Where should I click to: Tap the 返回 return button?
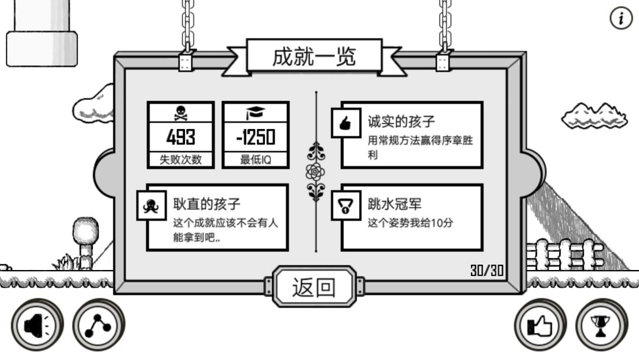tap(314, 287)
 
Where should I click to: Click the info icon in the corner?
tap(621, 18)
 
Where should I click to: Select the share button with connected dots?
tap(98, 325)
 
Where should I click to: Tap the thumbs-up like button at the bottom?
tap(540, 325)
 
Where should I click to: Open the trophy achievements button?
tap(602, 325)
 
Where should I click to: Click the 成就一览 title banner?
tap(314, 57)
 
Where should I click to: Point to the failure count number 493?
tap(180, 137)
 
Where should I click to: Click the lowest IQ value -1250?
tap(256, 137)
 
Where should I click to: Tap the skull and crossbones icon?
tap(180, 113)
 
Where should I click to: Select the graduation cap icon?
tap(256, 113)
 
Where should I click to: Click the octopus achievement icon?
tap(151, 205)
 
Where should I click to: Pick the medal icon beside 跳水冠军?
tap(346, 205)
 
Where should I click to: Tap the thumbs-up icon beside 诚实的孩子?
tap(346, 123)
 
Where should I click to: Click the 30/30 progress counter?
tap(487, 271)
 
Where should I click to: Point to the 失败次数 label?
tap(180, 159)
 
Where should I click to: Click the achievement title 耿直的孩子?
tap(206, 204)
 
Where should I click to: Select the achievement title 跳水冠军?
tap(395, 204)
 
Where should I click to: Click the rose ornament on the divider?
tap(315, 172)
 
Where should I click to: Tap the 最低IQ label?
tap(256, 159)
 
